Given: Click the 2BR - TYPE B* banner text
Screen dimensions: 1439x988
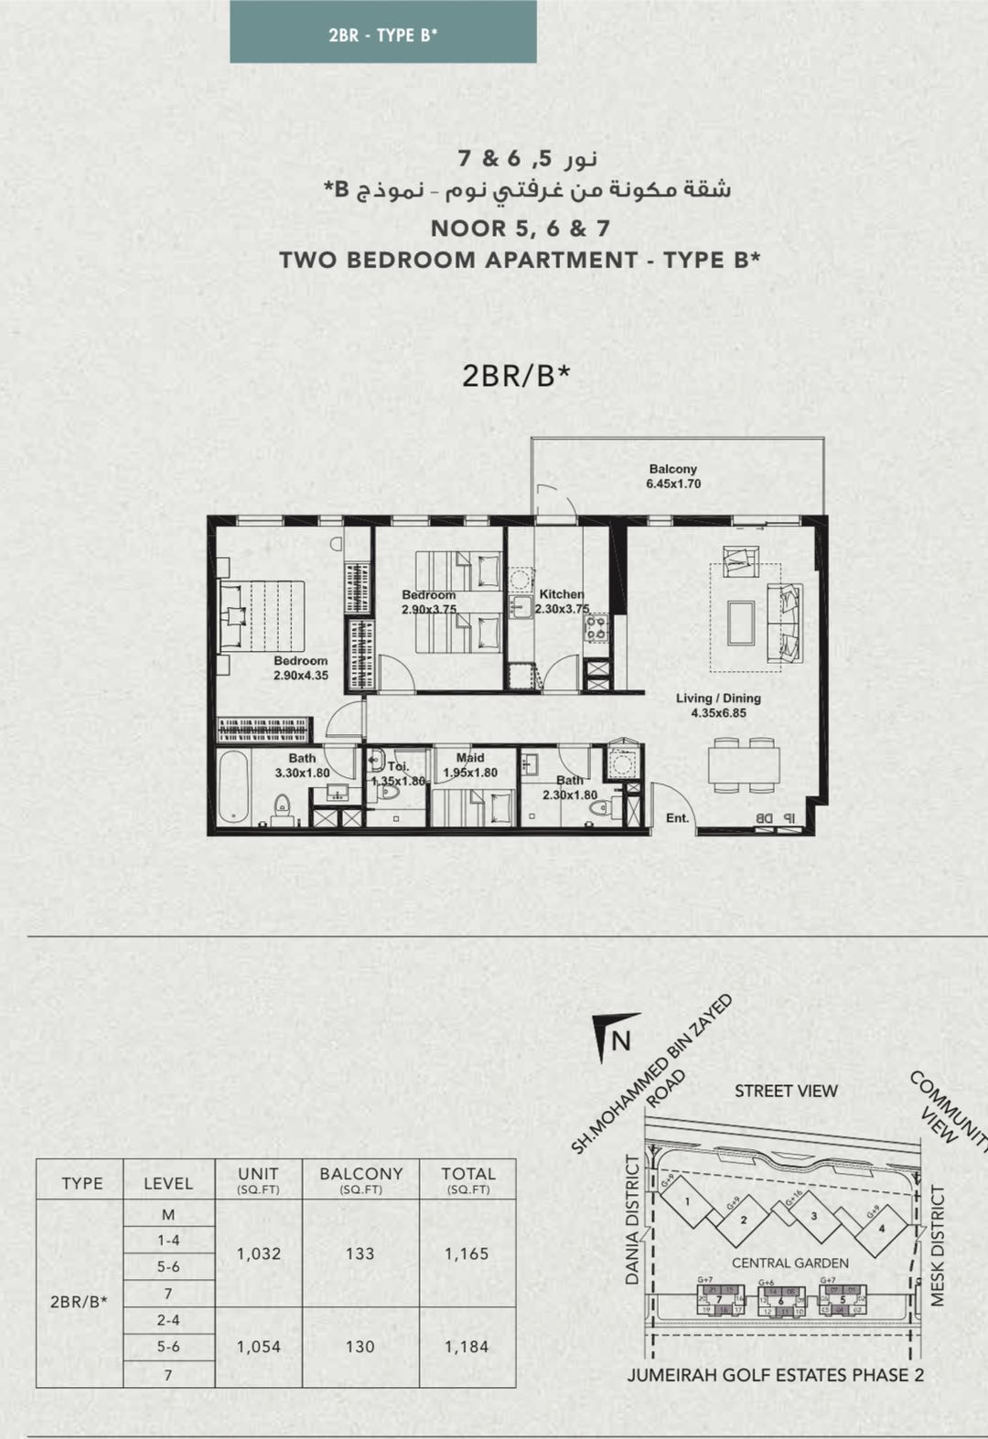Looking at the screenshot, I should pyautogui.click(x=382, y=35).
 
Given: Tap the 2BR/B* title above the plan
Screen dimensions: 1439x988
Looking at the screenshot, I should pyautogui.click(x=516, y=376).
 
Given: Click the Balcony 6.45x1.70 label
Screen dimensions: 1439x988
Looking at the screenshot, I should pyautogui.click(x=673, y=476).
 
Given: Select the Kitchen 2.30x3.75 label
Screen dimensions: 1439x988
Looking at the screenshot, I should pyautogui.click(x=562, y=602).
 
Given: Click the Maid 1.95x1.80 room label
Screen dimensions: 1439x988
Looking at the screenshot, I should pyautogui.click(x=470, y=765).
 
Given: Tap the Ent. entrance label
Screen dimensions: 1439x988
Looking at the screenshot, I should pyautogui.click(x=677, y=818).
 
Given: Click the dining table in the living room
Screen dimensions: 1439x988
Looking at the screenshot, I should pyautogui.click(x=744, y=765).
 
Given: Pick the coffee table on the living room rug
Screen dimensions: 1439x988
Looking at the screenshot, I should pyautogui.click(x=741, y=623).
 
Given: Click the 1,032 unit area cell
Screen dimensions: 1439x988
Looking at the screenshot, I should pyautogui.click(x=259, y=1253).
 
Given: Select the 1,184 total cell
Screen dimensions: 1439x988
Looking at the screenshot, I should pyautogui.click(x=467, y=1347).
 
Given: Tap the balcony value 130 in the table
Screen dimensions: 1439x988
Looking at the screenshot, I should pyautogui.click(x=360, y=1347).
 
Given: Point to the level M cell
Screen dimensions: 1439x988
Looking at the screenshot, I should pyautogui.click(x=168, y=1214).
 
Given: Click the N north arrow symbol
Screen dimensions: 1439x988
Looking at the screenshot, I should pyautogui.click(x=615, y=1037).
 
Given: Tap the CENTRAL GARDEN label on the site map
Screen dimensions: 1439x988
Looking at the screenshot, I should pyautogui.click(x=789, y=1263).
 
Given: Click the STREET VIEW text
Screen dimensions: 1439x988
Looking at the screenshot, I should pyautogui.click(x=786, y=1091).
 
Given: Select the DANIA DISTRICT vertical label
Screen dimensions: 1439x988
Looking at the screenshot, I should pyautogui.click(x=632, y=1220).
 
